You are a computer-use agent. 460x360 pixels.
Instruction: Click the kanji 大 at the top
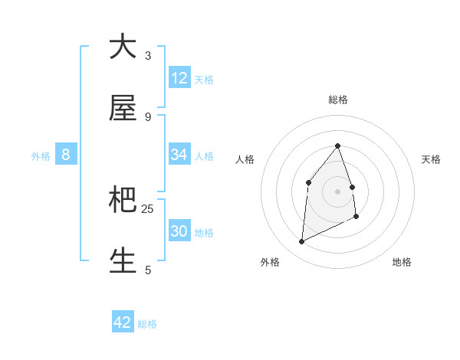tap(123, 47)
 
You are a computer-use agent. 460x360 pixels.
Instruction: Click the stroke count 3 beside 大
tap(148, 56)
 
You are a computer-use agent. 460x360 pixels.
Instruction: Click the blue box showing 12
tap(179, 78)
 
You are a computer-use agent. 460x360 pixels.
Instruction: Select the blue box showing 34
tap(179, 155)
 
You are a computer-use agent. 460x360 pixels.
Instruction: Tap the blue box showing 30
tap(179, 231)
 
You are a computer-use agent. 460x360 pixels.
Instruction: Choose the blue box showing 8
tap(66, 155)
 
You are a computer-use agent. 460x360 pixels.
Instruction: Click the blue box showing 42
tap(123, 322)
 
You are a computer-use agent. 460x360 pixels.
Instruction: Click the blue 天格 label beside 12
tap(204, 80)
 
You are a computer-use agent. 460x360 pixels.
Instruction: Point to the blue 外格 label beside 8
tap(41, 156)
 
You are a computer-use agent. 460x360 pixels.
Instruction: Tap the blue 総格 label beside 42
tap(147, 324)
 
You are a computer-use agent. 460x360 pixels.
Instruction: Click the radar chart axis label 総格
tap(337, 100)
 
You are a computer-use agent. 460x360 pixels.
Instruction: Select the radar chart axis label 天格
tap(432, 159)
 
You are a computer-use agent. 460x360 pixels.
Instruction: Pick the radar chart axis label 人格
tap(245, 159)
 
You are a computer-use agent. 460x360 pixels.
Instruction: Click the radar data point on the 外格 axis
tap(301, 242)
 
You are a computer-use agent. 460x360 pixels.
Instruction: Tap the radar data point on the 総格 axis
tap(337, 146)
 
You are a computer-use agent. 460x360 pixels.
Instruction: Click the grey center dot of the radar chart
tap(337, 191)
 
